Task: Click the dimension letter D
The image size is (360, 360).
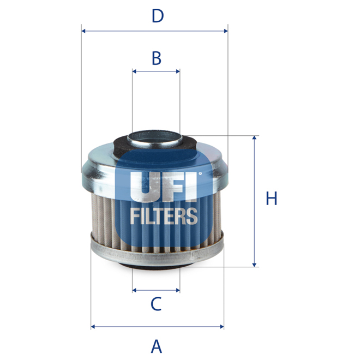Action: click(x=158, y=16)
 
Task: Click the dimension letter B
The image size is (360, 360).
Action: click(x=157, y=58)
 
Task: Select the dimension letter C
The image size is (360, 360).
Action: click(x=156, y=304)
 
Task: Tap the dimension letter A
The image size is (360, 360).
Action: click(x=157, y=346)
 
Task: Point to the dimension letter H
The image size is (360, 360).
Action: click(x=271, y=199)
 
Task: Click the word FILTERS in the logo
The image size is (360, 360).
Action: click(x=163, y=215)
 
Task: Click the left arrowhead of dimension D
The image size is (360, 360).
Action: click(x=83, y=31)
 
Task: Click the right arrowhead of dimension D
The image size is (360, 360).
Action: click(x=225, y=31)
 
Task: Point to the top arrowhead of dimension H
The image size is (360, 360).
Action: click(x=254, y=139)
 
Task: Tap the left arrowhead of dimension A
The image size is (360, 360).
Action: click(x=93, y=327)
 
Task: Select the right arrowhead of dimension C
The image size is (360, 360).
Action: click(x=177, y=290)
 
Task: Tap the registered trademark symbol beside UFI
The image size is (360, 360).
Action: click(x=200, y=175)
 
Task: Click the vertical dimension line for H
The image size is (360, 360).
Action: click(x=254, y=201)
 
